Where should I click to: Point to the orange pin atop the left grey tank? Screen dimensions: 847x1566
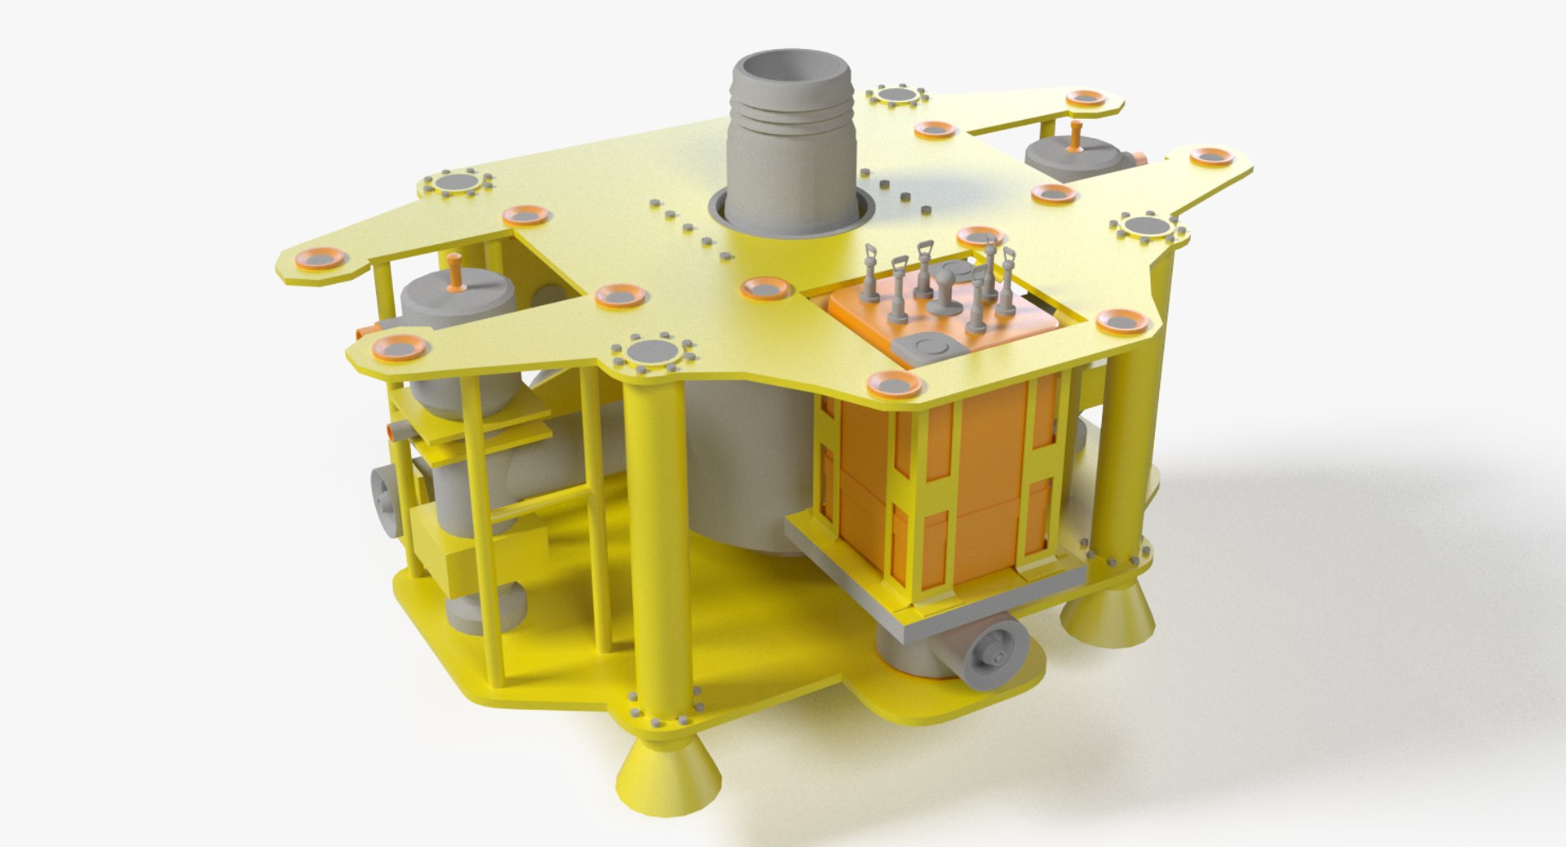click(x=455, y=273)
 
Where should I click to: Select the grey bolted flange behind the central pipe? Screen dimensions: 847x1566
click(x=896, y=95)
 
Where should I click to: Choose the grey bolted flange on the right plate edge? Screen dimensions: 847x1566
click(x=1148, y=226)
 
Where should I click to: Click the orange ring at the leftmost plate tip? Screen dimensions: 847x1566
click(x=319, y=259)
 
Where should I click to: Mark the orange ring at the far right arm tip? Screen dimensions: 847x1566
click(x=1211, y=157)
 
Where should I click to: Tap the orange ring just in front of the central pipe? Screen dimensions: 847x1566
click(x=767, y=288)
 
